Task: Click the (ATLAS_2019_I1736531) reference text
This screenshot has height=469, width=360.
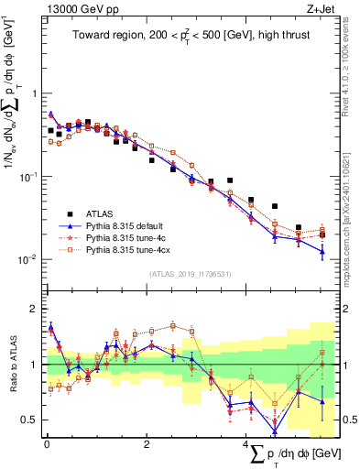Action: pyautogui.click(x=191, y=274)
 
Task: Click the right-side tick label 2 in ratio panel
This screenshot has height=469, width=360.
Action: pyautogui.click(x=346, y=309)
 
